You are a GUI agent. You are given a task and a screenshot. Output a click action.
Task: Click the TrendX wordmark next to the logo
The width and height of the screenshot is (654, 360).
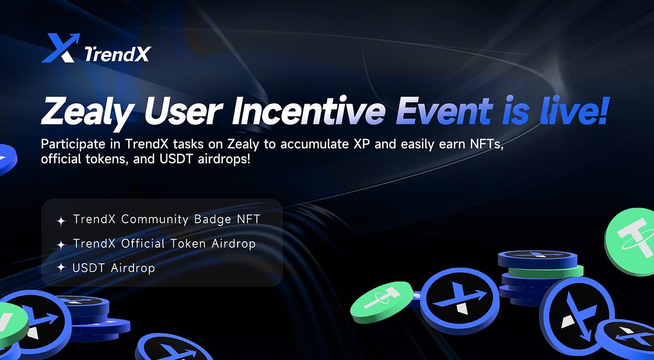118,53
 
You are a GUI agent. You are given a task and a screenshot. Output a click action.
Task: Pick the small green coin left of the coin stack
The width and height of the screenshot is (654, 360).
381,301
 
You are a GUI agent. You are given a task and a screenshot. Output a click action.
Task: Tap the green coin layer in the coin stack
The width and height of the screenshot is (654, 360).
567,271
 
